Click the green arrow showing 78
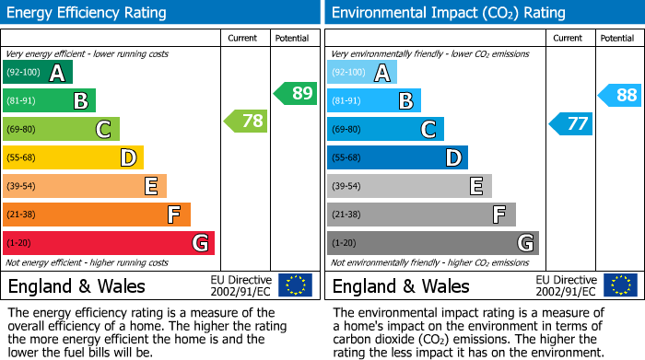pos(245,121)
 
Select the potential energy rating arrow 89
pos(295,93)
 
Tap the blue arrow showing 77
pos(570,123)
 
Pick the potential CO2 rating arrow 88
pos(619,95)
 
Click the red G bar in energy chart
pos(109,243)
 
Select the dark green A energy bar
pos(38,73)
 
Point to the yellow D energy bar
pos(73,158)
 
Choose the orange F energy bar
pos(97,215)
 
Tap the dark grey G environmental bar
pos(432,243)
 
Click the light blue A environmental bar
pos(362,73)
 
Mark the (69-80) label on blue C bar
pos(346,130)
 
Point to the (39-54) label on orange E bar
pos(22,187)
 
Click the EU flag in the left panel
pos(295,285)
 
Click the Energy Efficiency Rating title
pos(88,13)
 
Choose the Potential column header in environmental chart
pos(616,38)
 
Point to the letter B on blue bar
pos(405,101)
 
